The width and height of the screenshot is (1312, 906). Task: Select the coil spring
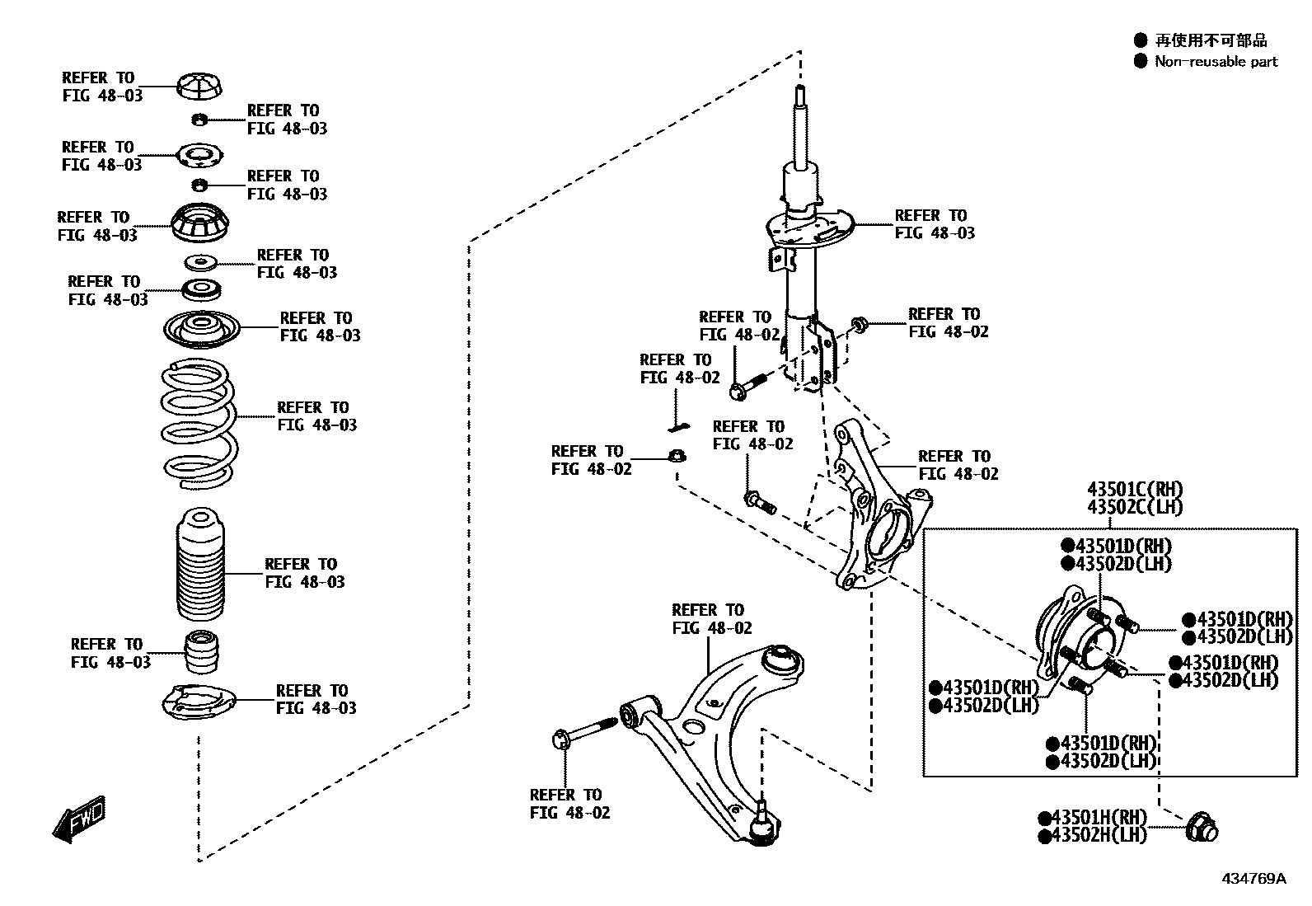[199, 424]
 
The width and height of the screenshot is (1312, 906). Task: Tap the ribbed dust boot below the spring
[200, 565]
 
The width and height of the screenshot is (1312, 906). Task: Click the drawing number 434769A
[1253, 879]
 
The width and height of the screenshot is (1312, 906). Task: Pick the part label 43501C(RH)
[1135, 489]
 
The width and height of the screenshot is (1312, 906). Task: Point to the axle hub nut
[1202, 829]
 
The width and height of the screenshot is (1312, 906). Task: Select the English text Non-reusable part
[1216, 61]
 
